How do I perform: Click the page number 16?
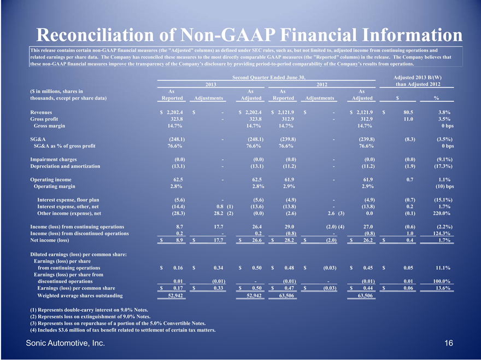pyautogui.click(x=449, y=344)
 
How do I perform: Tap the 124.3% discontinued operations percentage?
pyautogui.click(x=441, y=233)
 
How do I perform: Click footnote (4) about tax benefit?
pyautogui.click(x=123, y=330)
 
